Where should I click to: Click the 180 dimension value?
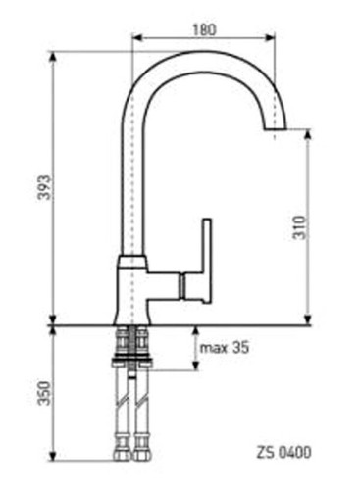(x=204, y=29)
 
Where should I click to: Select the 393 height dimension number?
(x=44, y=187)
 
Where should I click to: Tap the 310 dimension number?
(x=300, y=227)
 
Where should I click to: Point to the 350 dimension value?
(x=44, y=393)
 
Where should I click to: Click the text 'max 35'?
(x=225, y=348)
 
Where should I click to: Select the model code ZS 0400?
(x=283, y=453)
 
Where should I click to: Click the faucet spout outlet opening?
(x=275, y=128)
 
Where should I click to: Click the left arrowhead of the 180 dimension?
(x=137, y=38)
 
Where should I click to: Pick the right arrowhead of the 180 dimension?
(x=270, y=38)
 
